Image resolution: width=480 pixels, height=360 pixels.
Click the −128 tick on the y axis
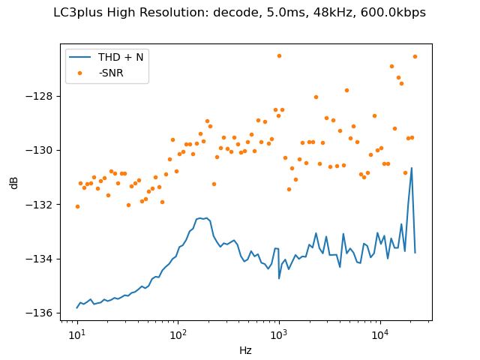pyautogui.click(x=43, y=96)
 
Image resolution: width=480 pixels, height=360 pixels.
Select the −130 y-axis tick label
pyautogui.click(x=43, y=150)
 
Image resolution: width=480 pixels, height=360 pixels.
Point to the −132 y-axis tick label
pyautogui.click(x=43, y=204)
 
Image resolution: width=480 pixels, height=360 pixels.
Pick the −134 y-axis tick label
pyautogui.click(x=43, y=259)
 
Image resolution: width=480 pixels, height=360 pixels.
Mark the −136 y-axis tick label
pyautogui.click(x=43, y=313)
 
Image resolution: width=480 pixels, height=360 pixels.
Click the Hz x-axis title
pyautogui.click(x=245, y=349)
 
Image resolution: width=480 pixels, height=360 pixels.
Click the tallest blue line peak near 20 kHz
pyautogui.click(x=412, y=168)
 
